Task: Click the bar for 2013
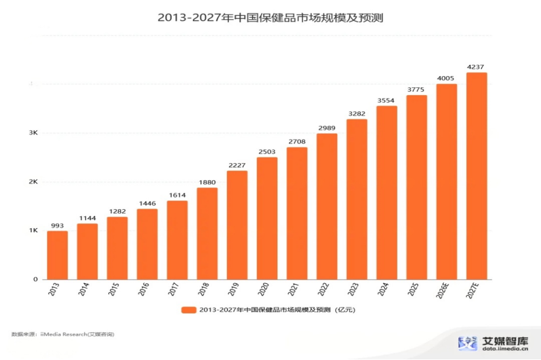click(x=57, y=255)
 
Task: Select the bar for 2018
click(x=207, y=233)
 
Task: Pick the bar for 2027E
click(x=477, y=176)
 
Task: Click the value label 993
click(x=57, y=225)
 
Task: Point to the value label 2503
click(x=267, y=151)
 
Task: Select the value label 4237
click(x=477, y=66)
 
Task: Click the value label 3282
click(x=357, y=113)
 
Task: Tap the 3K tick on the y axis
click(x=33, y=133)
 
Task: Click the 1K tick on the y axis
click(x=33, y=231)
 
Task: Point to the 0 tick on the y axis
click(x=35, y=280)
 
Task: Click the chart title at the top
click(x=270, y=18)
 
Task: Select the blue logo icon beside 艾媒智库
click(x=468, y=343)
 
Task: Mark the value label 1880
click(x=207, y=182)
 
